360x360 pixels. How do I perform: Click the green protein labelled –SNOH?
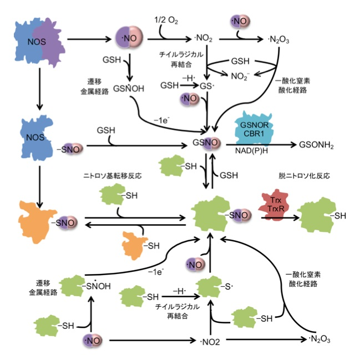click(x=75, y=286)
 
